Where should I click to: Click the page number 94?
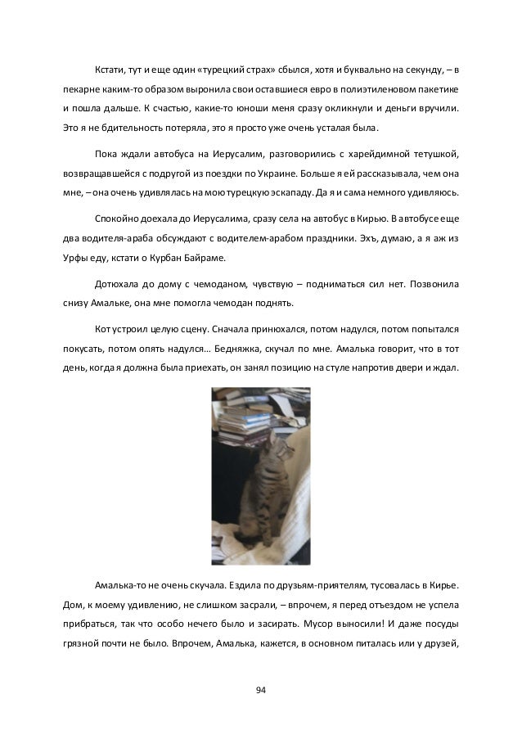pyautogui.click(x=261, y=692)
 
